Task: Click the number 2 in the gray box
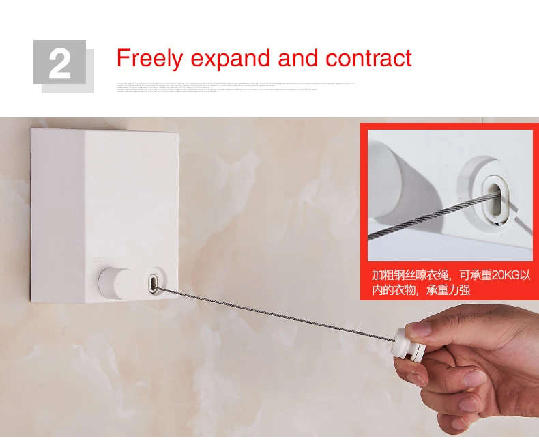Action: click(59, 63)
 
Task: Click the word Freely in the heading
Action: click(150, 58)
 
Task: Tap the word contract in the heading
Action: click(368, 59)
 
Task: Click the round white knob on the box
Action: click(115, 281)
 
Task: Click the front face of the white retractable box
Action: click(130, 205)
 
